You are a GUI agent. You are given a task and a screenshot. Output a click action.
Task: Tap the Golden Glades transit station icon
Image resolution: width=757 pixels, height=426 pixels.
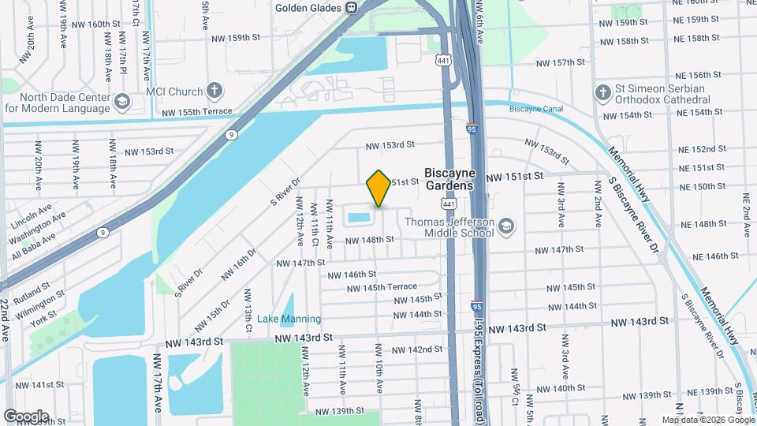coord(351,8)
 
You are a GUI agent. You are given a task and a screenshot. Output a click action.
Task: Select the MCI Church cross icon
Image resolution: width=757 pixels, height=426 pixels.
coord(213,92)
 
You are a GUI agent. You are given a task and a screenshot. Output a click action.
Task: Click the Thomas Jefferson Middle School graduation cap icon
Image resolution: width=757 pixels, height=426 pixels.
coord(505,227)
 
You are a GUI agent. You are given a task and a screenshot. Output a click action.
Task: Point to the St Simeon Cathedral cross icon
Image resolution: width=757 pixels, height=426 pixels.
coord(603,93)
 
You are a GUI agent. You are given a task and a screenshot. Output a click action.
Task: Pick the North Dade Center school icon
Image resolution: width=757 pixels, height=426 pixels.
coord(122,102)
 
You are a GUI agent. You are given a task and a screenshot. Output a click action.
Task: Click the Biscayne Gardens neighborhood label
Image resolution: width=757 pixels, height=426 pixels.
coord(449,178)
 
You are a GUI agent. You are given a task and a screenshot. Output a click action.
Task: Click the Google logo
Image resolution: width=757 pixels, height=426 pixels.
coord(26,416)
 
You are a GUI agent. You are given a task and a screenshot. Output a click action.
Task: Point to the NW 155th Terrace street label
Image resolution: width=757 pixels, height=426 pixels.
coord(198,113)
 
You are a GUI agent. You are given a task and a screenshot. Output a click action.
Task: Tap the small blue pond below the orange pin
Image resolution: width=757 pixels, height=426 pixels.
coord(358,217)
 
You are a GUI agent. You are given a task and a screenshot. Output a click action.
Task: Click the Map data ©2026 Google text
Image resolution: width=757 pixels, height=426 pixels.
coord(708,420)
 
